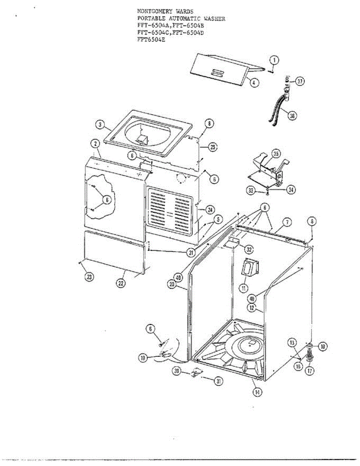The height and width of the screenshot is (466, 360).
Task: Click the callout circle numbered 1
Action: (x=274, y=60)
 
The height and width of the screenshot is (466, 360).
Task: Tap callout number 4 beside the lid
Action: (x=253, y=82)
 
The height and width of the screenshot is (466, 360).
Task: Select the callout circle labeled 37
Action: (x=300, y=81)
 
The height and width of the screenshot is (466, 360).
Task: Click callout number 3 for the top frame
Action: (x=100, y=125)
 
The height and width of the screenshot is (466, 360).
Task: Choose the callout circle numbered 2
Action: (x=94, y=143)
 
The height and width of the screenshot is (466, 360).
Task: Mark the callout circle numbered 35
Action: (x=275, y=154)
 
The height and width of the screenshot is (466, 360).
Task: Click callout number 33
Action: (x=251, y=190)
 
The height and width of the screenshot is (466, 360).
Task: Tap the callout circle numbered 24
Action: (x=210, y=210)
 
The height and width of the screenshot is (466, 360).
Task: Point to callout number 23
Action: (x=89, y=277)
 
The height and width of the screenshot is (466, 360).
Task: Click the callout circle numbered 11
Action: (x=243, y=288)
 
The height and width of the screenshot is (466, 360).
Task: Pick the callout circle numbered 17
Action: (x=310, y=370)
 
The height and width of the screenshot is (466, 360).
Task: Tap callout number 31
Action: (x=219, y=381)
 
